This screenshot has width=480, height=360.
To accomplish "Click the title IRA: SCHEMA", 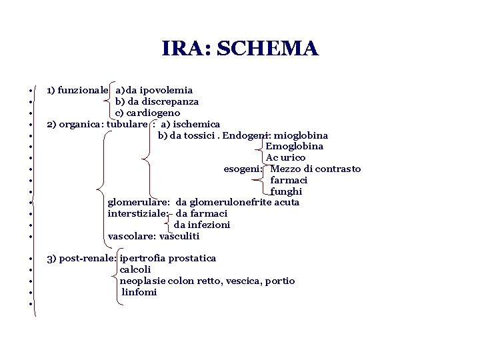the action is pos(240,49).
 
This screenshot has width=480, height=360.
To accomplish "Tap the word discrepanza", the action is pos(169,101).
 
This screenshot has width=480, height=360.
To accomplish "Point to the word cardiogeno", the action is pos(153,113).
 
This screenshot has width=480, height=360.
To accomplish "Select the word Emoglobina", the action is pos(295,146).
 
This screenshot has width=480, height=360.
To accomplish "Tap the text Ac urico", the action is pos(286,157).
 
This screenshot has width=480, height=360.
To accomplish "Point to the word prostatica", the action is pos(192,258).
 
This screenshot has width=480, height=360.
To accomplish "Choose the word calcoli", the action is pos(135,269).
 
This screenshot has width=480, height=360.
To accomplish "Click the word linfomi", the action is pos(139,292).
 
